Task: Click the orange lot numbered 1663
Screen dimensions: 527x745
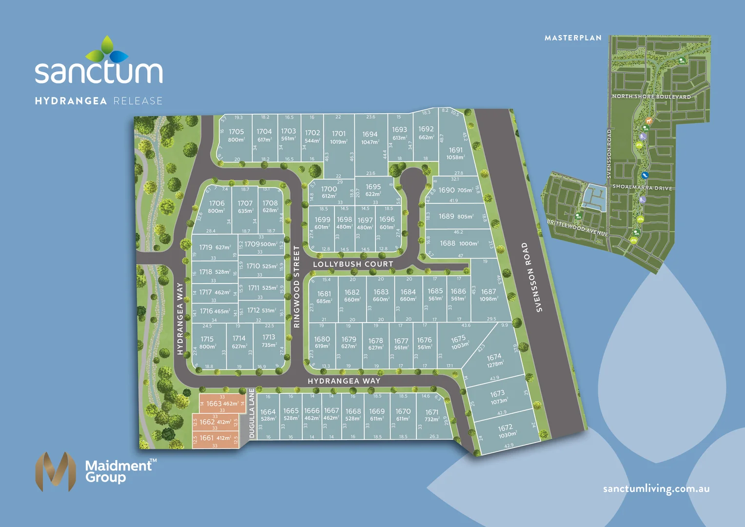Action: point(222,404)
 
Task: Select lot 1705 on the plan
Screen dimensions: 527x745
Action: point(236,136)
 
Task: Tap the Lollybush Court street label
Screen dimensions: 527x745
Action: point(353,264)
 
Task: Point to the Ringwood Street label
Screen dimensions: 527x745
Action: point(296,286)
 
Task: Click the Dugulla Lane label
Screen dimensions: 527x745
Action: point(252,413)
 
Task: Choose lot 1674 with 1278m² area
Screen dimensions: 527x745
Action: point(494,361)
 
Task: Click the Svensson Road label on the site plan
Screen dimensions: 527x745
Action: point(531,277)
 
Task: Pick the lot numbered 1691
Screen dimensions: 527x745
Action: point(455,153)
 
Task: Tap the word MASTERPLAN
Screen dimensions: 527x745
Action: point(573,38)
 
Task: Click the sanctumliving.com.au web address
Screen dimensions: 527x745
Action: point(656,489)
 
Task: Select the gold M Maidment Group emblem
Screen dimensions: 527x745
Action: point(56,471)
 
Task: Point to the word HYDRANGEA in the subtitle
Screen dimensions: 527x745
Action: point(71,101)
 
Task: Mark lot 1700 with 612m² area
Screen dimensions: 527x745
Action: point(329,192)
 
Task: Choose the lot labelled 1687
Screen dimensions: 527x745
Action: point(489,295)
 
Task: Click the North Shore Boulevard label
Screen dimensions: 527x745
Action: point(651,97)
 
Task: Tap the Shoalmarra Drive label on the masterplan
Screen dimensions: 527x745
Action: point(642,187)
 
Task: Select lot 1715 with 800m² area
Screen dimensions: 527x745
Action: point(207,343)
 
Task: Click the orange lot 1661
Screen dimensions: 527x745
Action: point(215,438)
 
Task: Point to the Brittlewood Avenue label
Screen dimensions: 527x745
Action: point(577,228)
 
